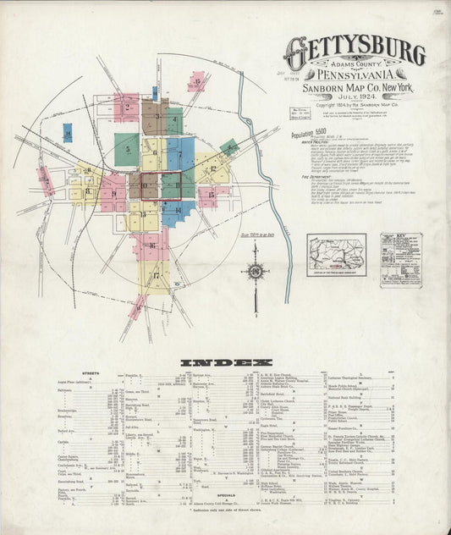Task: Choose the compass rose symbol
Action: pos(255,271)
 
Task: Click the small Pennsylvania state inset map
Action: pos(336,251)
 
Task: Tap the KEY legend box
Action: pos(401,258)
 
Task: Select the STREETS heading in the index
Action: pos(91,372)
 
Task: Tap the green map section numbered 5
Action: pos(127,148)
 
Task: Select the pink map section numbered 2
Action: pos(126,107)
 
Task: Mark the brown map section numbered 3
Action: pos(153,117)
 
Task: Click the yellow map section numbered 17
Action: pos(157,276)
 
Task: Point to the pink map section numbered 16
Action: pos(152,245)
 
